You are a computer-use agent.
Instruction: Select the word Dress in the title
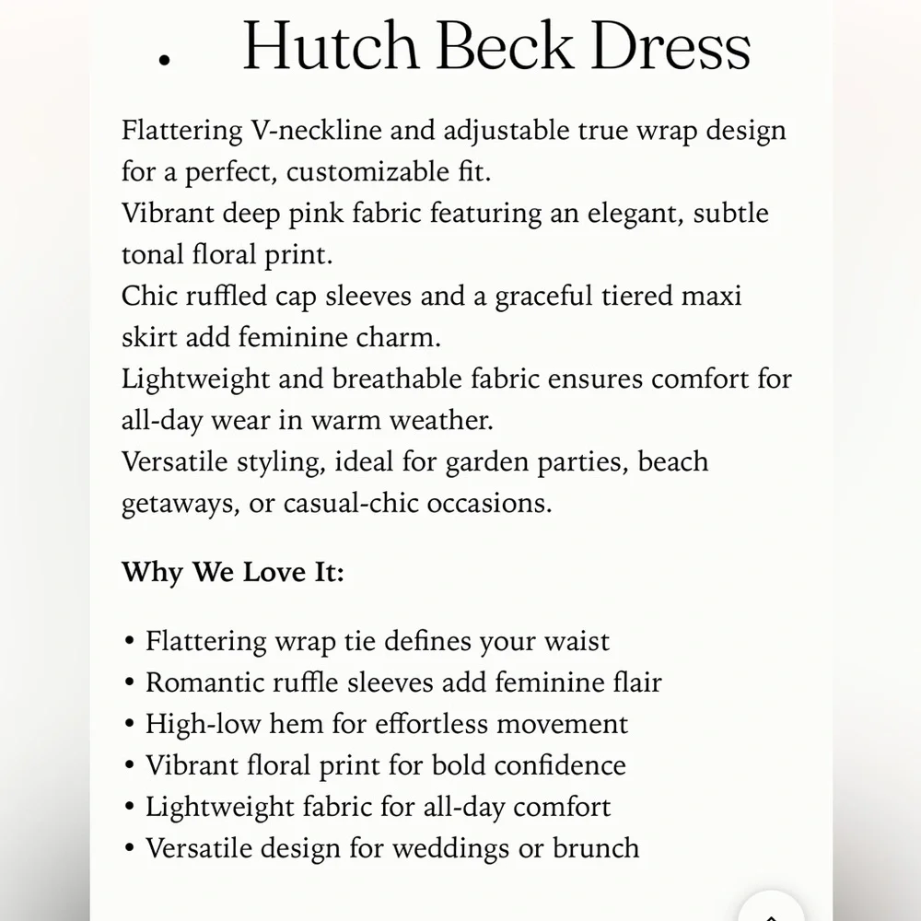(x=670, y=46)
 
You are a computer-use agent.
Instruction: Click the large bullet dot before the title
(x=165, y=60)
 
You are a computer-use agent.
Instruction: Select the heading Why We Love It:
(x=233, y=572)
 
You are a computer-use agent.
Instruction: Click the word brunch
(x=596, y=848)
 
